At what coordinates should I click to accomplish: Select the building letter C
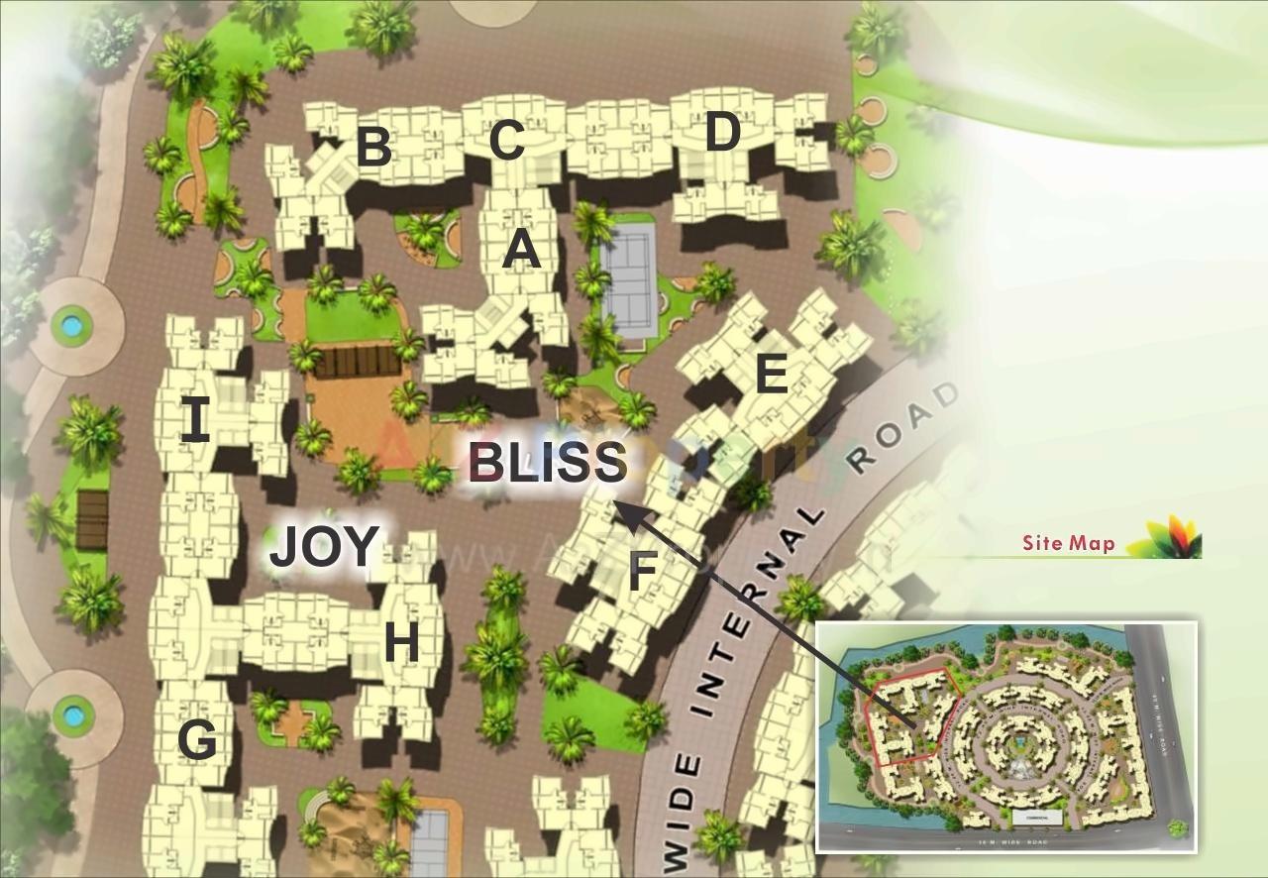pyautogui.click(x=506, y=141)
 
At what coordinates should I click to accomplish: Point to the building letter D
pyautogui.click(x=722, y=132)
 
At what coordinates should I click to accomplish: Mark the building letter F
pyautogui.click(x=643, y=572)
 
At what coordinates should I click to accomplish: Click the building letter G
pyautogui.click(x=197, y=740)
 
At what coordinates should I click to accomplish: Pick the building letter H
pyautogui.click(x=400, y=645)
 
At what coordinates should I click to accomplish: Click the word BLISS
pyautogui.click(x=547, y=463)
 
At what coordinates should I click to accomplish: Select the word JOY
pyautogui.click(x=324, y=547)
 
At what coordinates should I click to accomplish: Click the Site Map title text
pyautogui.click(x=1068, y=543)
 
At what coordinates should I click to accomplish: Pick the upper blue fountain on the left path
pyautogui.click(x=71, y=323)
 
